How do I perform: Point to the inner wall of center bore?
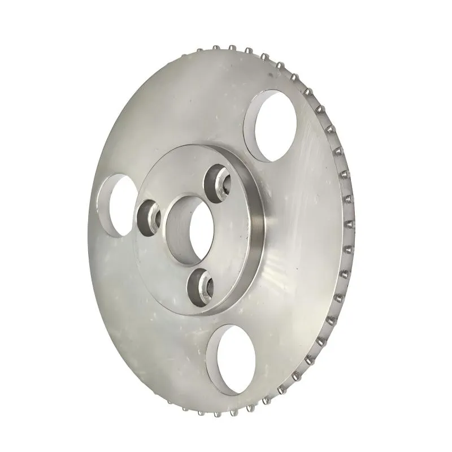pyautogui.click(x=177, y=232)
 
